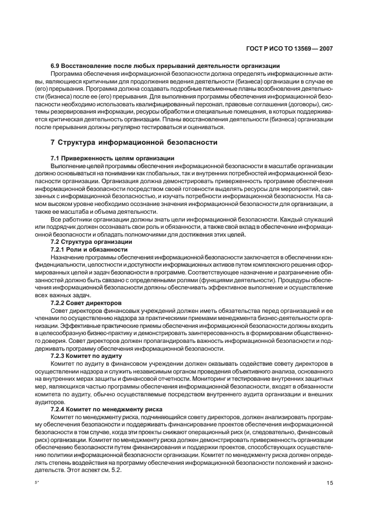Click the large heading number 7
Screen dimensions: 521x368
click(x=53, y=142)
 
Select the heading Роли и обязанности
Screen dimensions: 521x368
click(x=99, y=249)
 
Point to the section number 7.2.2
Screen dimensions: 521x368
click(x=58, y=302)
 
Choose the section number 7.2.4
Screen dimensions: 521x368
click(x=58, y=408)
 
